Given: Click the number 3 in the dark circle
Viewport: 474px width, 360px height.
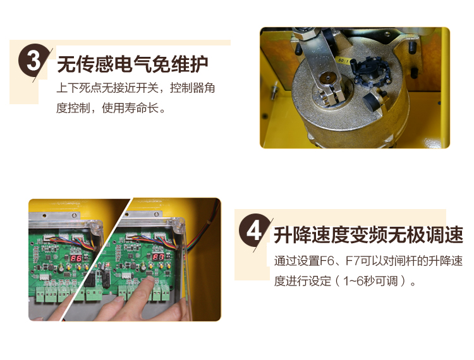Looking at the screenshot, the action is (x=33, y=61).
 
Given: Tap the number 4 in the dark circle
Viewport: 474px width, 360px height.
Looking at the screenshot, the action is (x=254, y=231).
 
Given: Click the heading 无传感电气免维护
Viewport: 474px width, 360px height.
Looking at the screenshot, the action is (x=133, y=64).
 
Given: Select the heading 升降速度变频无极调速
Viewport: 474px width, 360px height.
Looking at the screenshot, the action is (x=368, y=235).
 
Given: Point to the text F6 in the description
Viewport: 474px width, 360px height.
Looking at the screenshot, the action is (x=327, y=261).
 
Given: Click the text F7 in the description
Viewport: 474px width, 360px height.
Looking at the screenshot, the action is (x=353, y=261).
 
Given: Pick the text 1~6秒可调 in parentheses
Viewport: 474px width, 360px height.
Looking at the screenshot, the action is (x=370, y=281).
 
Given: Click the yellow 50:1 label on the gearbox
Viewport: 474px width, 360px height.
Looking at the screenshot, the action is (x=343, y=61).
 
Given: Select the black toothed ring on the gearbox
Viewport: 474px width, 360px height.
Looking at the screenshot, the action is (x=371, y=73).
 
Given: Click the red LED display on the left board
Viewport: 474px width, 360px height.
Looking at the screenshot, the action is (x=76, y=258).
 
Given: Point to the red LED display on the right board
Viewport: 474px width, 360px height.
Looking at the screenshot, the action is (x=158, y=257).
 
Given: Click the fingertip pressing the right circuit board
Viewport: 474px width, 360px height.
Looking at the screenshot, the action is (x=147, y=281).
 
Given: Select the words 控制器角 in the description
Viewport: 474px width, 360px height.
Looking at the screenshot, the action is (x=192, y=88).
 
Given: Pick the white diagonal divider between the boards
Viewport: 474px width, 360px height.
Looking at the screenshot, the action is (x=96, y=260).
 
